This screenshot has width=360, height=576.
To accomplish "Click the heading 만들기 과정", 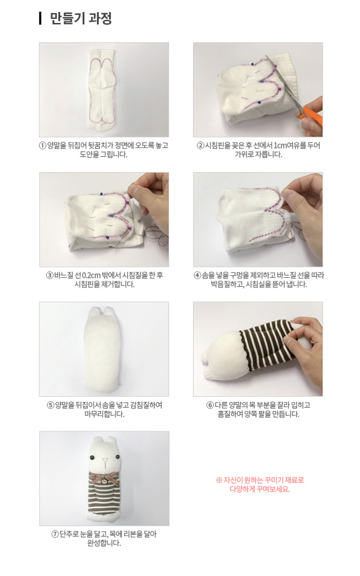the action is click(81, 18).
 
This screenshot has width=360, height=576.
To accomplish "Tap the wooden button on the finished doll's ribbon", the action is click(104, 481).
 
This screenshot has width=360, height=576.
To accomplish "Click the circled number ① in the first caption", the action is click(42, 145).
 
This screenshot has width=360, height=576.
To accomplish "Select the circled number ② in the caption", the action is click(200, 145).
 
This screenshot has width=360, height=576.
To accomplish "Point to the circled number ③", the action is click(49, 276).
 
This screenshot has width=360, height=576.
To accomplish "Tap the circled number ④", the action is click(197, 276).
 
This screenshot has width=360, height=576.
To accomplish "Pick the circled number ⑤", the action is click(50, 405).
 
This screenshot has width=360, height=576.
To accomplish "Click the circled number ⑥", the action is click(210, 405).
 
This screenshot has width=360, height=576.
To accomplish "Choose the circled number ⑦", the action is click(55, 534).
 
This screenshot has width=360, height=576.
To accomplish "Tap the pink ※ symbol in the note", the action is click(219, 480).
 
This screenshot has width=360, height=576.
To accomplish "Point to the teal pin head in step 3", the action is click(112, 214).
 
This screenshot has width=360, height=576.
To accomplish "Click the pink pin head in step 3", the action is click(131, 227).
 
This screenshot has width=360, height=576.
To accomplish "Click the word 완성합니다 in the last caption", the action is click(104, 543).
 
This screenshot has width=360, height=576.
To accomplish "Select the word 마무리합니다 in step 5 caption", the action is click(104, 414).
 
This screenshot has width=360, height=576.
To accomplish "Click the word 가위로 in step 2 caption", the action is click(243, 154).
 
